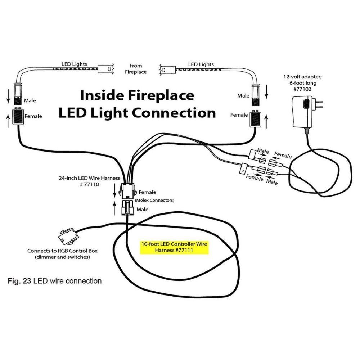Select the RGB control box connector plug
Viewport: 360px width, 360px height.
(67, 237)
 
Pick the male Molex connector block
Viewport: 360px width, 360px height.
(127, 208)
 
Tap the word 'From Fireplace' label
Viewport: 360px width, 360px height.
(136, 69)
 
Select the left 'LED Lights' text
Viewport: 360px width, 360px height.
(74, 64)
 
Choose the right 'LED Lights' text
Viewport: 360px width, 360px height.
(201, 64)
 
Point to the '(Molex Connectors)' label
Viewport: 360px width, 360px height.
(155, 200)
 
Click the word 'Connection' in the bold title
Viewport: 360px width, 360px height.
(174, 113)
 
